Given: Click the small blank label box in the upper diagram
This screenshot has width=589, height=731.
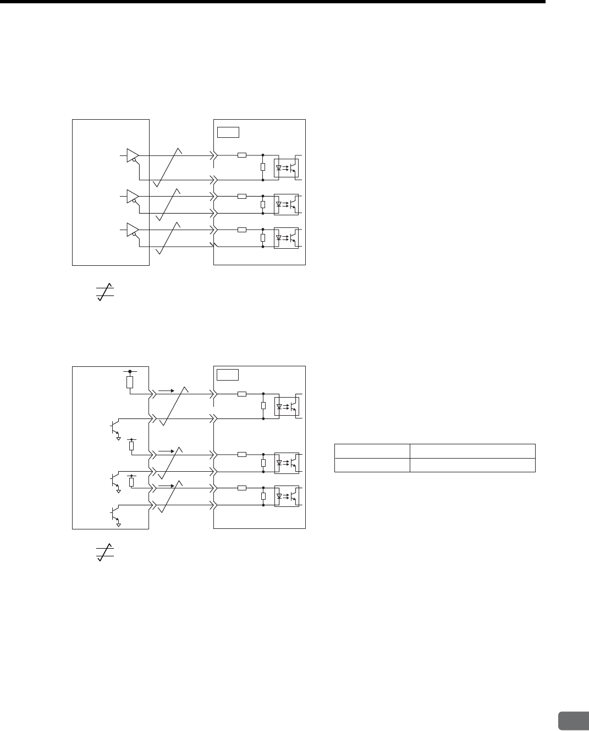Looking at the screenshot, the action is click(228, 132).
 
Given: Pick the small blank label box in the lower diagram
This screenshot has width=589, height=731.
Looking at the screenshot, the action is click(228, 375).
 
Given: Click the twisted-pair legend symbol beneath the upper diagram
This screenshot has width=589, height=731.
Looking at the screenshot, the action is click(105, 291).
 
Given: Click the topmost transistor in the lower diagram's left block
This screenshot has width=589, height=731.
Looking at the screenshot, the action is click(114, 427).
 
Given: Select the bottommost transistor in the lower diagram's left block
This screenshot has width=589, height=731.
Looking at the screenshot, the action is click(114, 513).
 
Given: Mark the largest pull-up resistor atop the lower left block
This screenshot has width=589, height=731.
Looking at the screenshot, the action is click(130, 382).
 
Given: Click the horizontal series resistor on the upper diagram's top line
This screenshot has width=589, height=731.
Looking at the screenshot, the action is click(242, 155).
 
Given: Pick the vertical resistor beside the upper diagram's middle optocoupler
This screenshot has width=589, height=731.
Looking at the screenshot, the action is click(263, 204).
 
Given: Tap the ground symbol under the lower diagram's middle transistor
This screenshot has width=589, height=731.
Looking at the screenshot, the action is click(118, 492).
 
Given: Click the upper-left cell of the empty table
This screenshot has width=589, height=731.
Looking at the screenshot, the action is click(372, 451).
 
